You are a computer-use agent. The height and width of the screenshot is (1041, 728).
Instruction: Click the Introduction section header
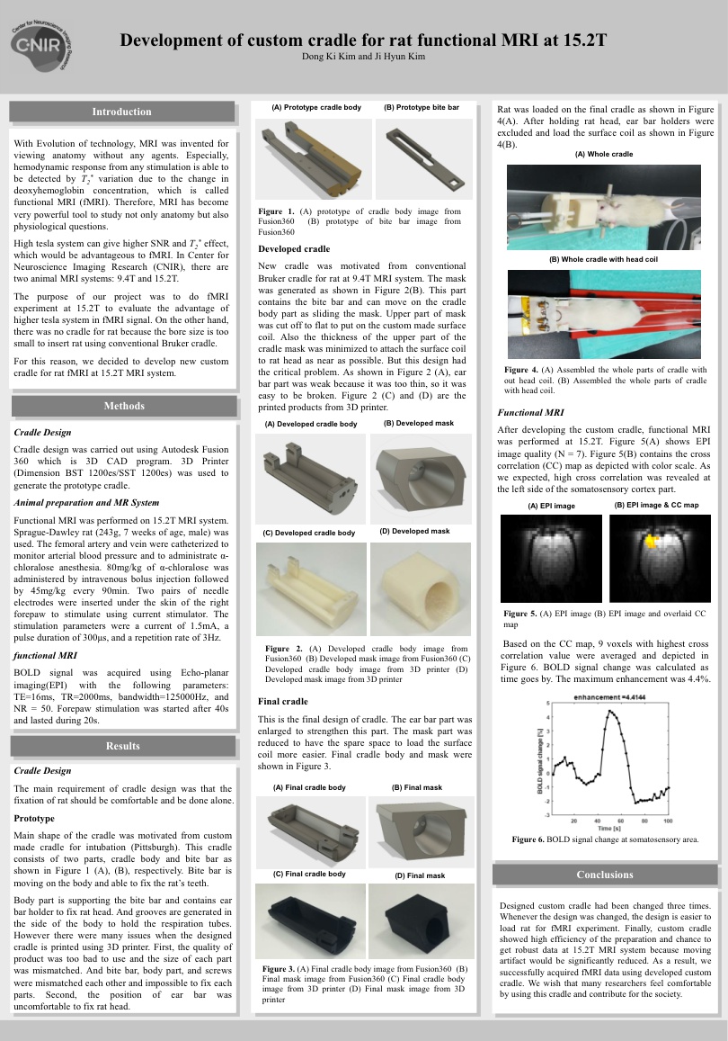122,112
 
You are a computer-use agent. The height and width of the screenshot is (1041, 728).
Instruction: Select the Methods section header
124,406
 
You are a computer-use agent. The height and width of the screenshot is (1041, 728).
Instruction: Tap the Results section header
122,745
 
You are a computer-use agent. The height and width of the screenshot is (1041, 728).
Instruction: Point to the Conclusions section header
605,874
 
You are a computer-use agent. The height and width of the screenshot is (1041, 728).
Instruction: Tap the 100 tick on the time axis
668,821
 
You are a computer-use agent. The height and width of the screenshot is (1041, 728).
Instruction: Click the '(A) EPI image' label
551,506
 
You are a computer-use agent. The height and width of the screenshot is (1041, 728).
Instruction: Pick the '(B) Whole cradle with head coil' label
604,259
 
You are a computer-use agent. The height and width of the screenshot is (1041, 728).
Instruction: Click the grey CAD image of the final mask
421,833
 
